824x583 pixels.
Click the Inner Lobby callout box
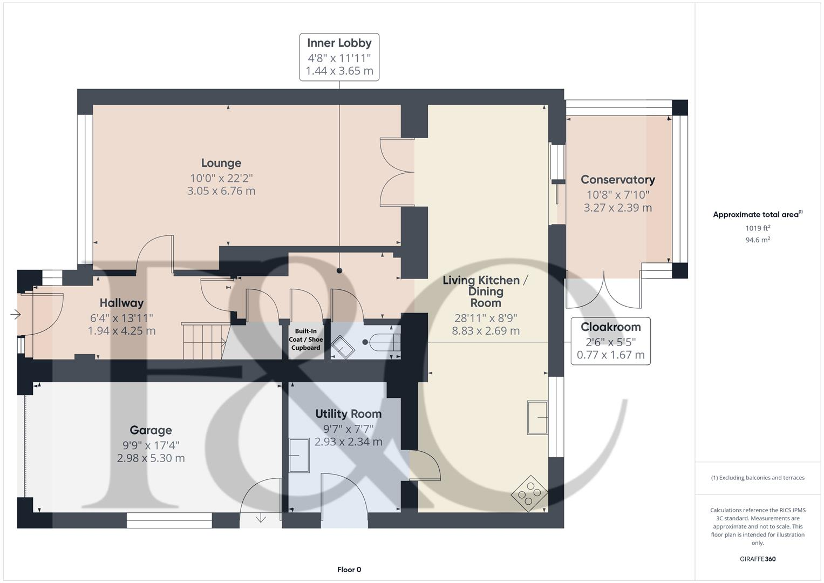(339, 57)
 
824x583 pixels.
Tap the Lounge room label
(221, 163)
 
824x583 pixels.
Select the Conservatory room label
(618, 180)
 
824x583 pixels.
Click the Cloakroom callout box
(610, 341)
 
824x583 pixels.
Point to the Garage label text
(151, 430)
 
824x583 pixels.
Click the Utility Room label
(348, 414)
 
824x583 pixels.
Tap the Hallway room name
(121, 303)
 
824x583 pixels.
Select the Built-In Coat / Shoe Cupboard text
(305, 340)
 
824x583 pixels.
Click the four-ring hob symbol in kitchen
(529, 492)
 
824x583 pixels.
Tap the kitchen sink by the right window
(537, 417)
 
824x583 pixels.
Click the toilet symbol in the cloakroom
(384, 342)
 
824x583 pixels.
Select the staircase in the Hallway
(203, 341)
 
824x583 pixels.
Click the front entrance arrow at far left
(15, 314)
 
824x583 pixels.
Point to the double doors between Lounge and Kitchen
(397, 172)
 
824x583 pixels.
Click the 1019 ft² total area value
(758, 228)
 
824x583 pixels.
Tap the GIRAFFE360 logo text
(757, 559)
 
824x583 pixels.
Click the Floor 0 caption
(349, 570)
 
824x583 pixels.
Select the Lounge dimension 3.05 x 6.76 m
(221, 191)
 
